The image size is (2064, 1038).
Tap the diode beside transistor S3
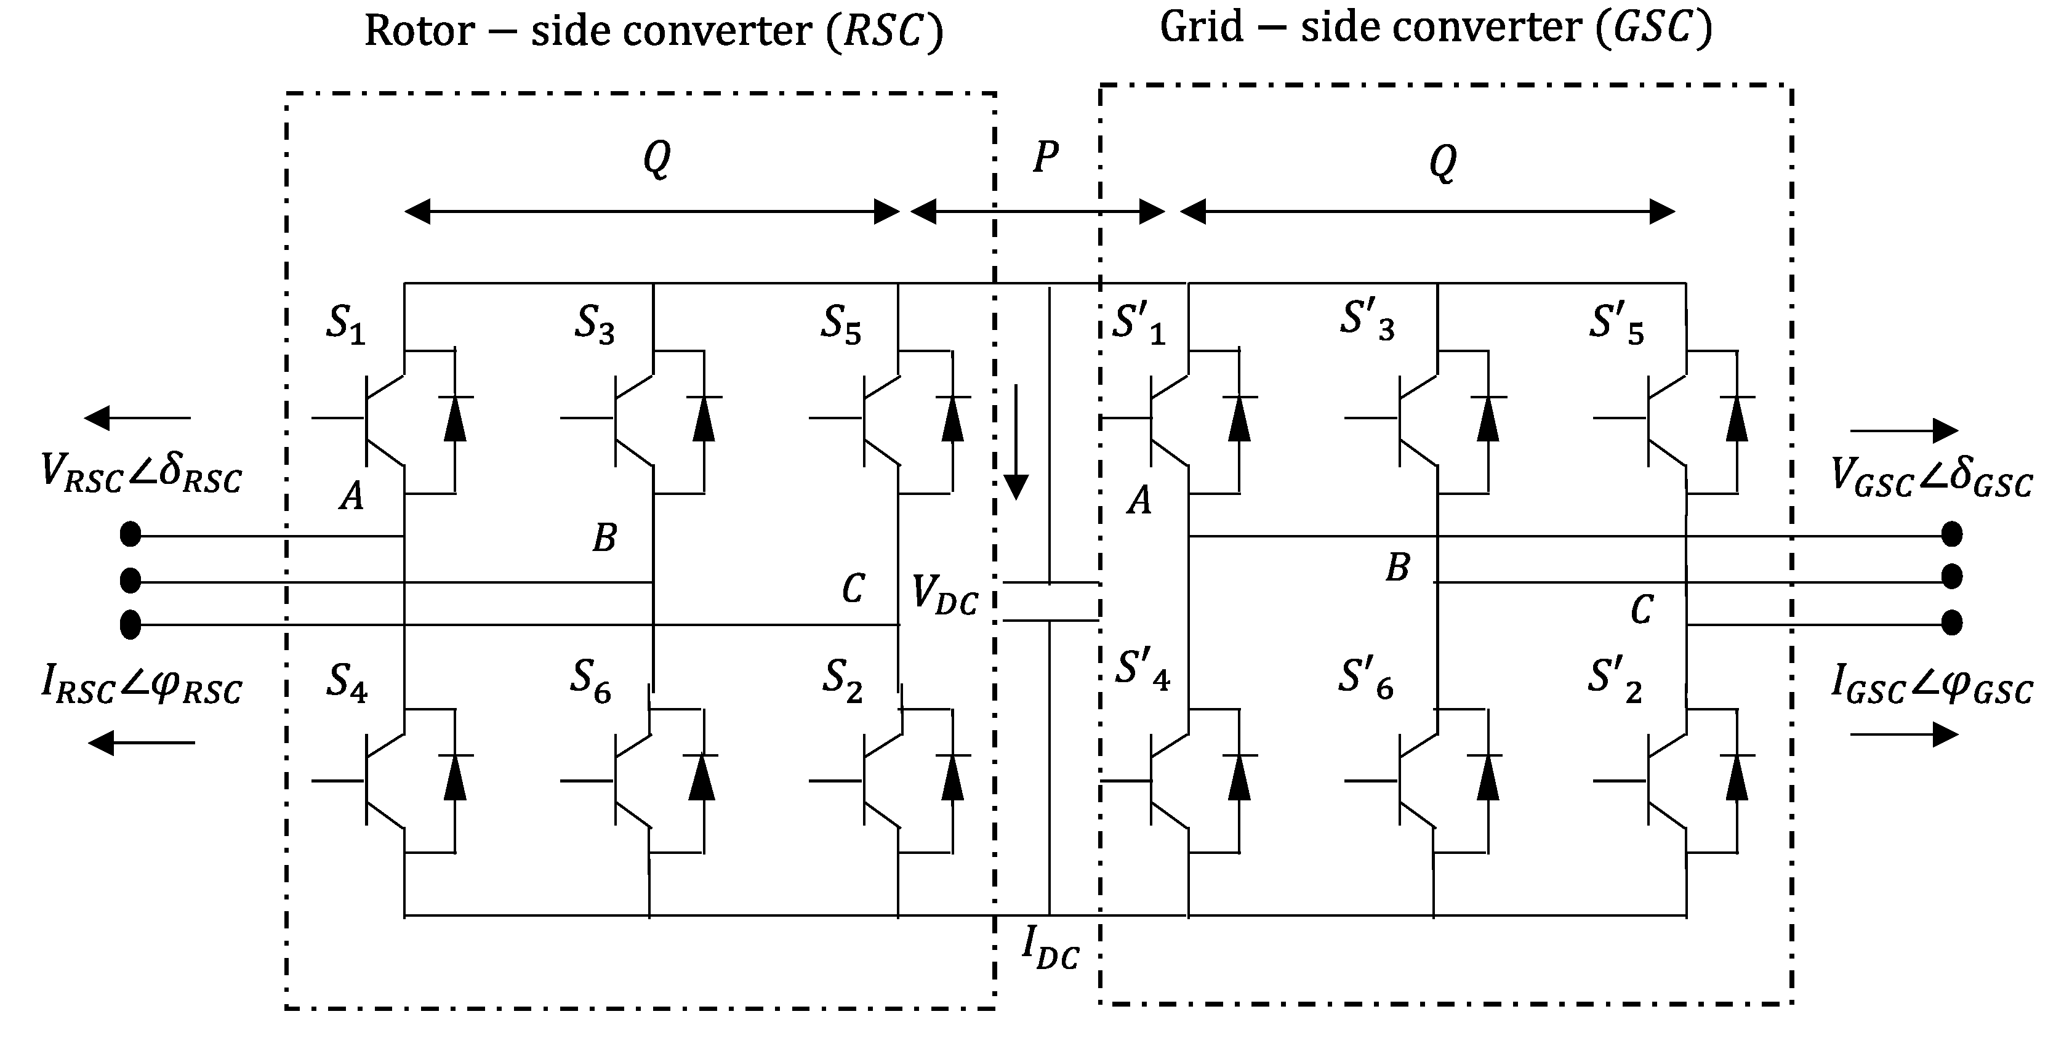pyautogui.click(x=704, y=419)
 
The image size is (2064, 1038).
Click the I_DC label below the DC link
pyautogui.click(x=1050, y=947)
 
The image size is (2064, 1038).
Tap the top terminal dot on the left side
pyautogui.click(x=130, y=534)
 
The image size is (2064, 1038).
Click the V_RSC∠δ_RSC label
pyautogui.click(x=141, y=473)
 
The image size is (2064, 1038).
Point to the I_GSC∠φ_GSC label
pyautogui.click(x=1932, y=685)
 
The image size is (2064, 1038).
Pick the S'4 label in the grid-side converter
pyautogui.click(x=1142, y=672)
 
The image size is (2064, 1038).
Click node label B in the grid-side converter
pyautogui.click(x=1397, y=568)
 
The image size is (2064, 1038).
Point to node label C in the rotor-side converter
pyautogui.click(x=853, y=589)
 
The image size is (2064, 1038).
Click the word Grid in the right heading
pyautogui.click(x=1201, y=28)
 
